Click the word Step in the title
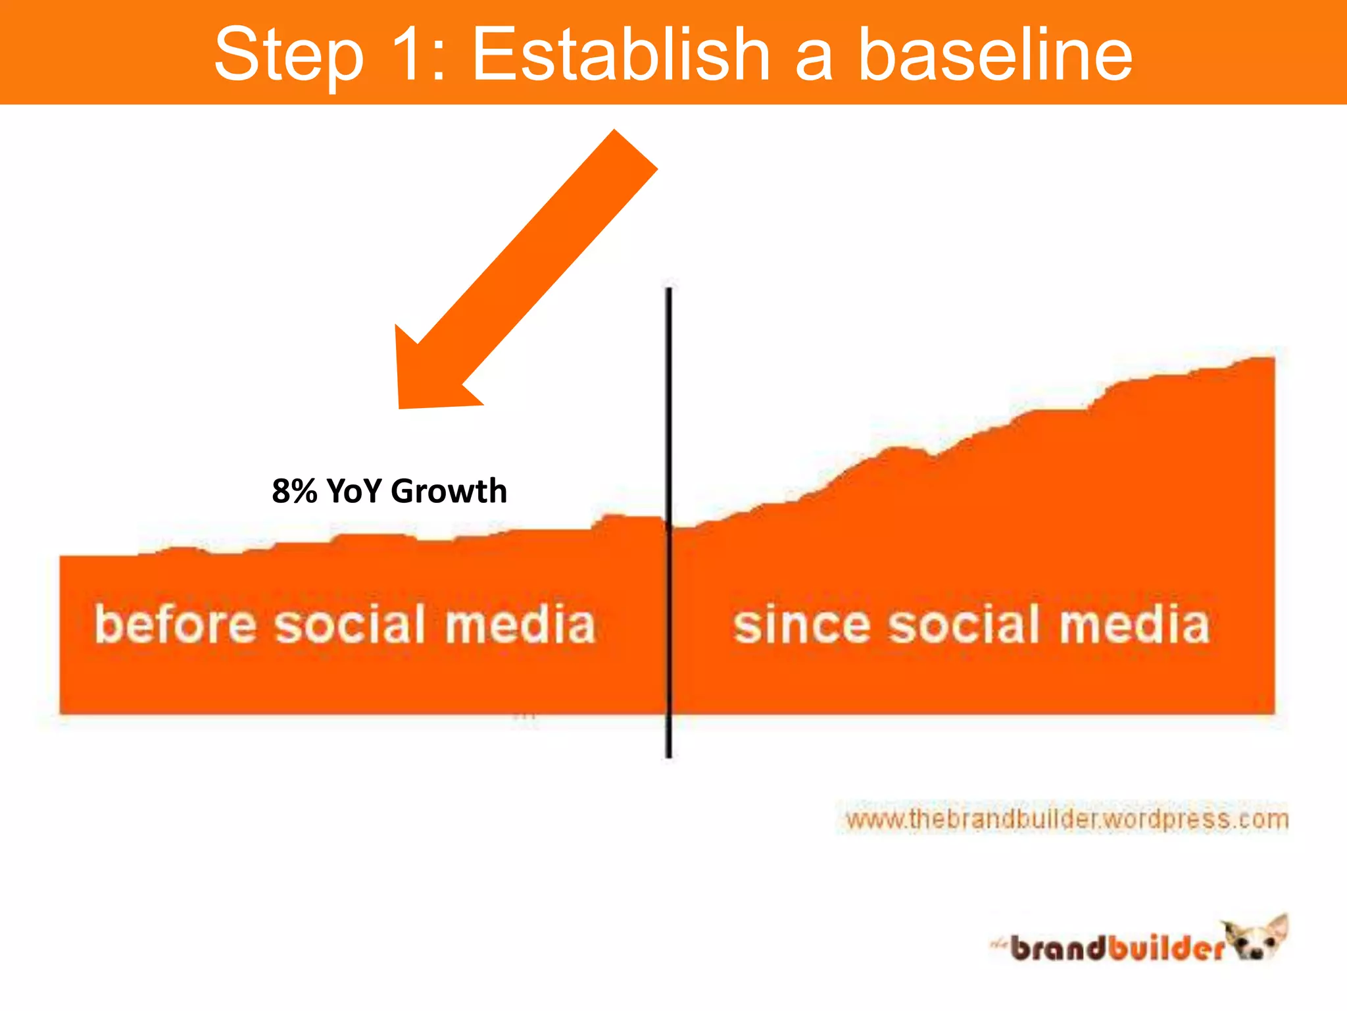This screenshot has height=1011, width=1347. tap(289, 56)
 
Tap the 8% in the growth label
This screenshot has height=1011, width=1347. tap(295, 491)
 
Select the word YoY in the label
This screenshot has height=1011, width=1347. tap(354, 491)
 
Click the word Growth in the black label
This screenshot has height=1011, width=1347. tap(449, 491)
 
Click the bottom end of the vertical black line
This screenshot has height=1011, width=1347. tap(668, 755)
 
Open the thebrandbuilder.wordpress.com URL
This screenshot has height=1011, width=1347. tap(1065, 819)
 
